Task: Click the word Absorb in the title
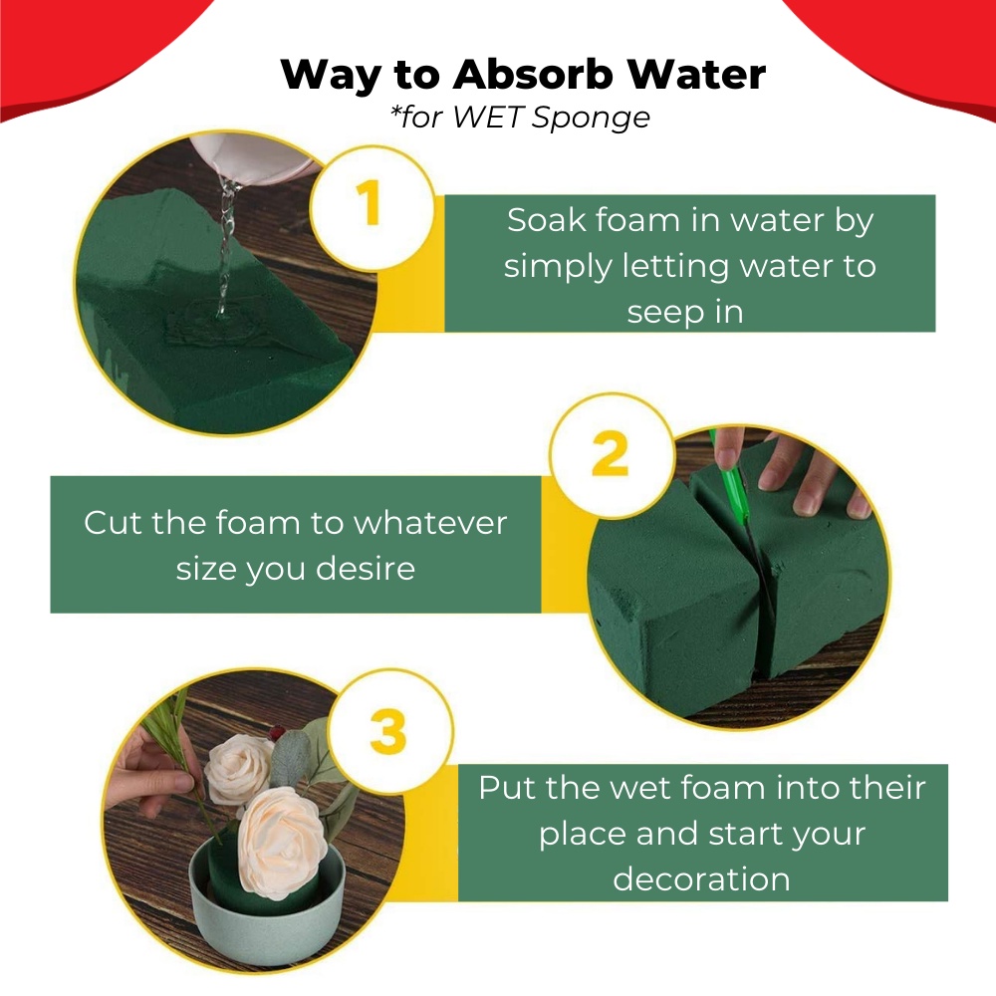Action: point(533,75)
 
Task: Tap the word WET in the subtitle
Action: point(488,117)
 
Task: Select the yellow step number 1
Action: point(370,202)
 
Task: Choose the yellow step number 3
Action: point(388,731)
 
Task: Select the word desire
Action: point(366,569)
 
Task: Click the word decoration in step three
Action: point(701,879)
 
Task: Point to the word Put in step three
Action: point(508,788)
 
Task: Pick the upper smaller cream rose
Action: point(239,769)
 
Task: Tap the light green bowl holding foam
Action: point(267,914)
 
